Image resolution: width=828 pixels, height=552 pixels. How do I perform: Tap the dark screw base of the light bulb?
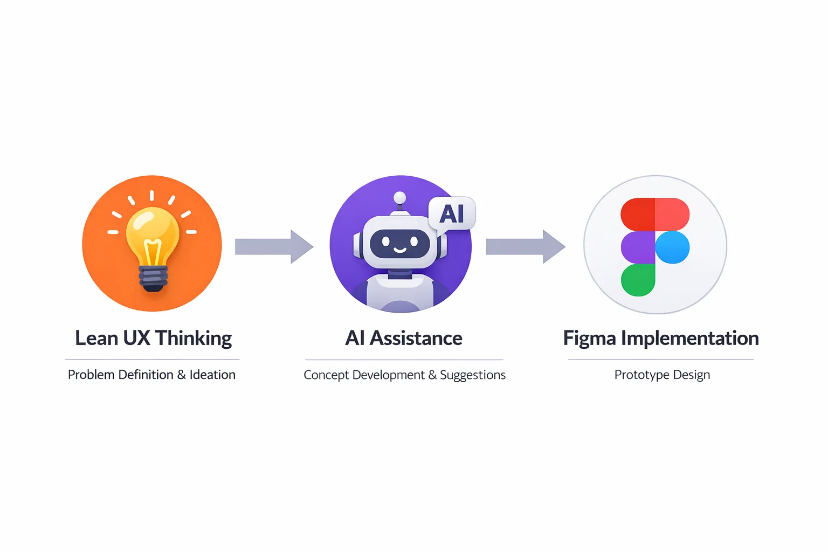pos(153,278)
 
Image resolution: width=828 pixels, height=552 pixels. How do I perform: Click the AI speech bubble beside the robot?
pos(452,214)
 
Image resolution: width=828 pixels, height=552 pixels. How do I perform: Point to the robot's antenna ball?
pos(399,198)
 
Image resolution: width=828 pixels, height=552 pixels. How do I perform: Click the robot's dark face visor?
pos(399,244)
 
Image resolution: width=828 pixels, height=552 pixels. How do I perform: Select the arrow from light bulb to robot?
pos(274,246)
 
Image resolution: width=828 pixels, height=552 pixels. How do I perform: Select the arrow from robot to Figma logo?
pos(525,246)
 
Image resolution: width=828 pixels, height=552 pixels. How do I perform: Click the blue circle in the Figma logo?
pos(672,247)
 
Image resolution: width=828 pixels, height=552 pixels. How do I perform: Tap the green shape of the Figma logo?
pos(638,280)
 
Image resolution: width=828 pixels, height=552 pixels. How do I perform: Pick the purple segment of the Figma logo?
pos(638,247)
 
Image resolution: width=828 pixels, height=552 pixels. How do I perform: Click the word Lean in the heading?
pos(96,339)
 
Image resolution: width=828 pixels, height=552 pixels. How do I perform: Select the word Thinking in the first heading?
pos(194,339)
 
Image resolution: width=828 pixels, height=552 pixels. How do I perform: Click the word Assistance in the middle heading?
pos(416,339)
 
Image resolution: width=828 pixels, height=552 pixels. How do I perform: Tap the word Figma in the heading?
pos(589,339)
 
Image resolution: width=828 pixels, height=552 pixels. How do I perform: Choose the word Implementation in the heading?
pos(690,339)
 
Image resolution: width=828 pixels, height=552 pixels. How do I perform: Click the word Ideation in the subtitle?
pos(212,375)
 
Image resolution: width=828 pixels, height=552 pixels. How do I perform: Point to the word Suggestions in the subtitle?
pos(473,375)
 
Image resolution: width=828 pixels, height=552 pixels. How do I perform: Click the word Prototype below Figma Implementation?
pos(641,375)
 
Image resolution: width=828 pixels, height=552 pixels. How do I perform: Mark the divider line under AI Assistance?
pos(404,360)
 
